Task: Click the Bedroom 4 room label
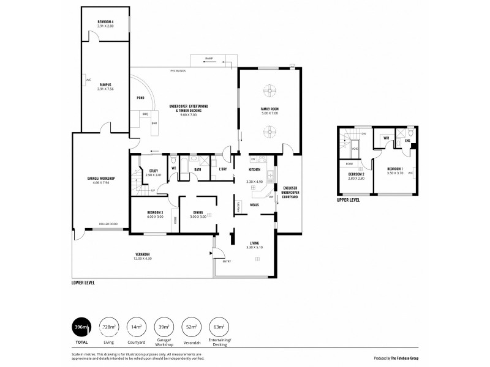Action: pos(105,23)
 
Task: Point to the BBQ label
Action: pos(145,114)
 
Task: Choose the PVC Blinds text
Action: pos(178,72)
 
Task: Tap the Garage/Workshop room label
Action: pos(101,178)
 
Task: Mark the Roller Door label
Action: pos(109,224)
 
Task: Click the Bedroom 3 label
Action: pos(155,212)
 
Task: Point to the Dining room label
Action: pos(198,212)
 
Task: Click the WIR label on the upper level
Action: pos(386,139)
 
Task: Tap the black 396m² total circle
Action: pos(81,327)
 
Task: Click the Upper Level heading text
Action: pos(349,199)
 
